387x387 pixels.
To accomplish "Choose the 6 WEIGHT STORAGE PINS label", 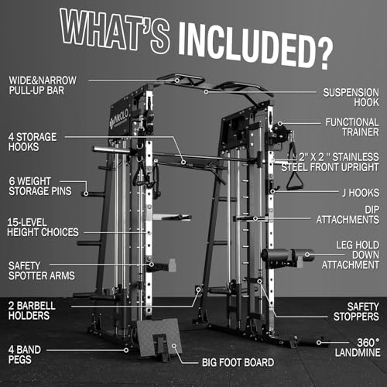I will tap(37, 187).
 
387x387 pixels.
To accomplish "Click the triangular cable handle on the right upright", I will tap(294, 180).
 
